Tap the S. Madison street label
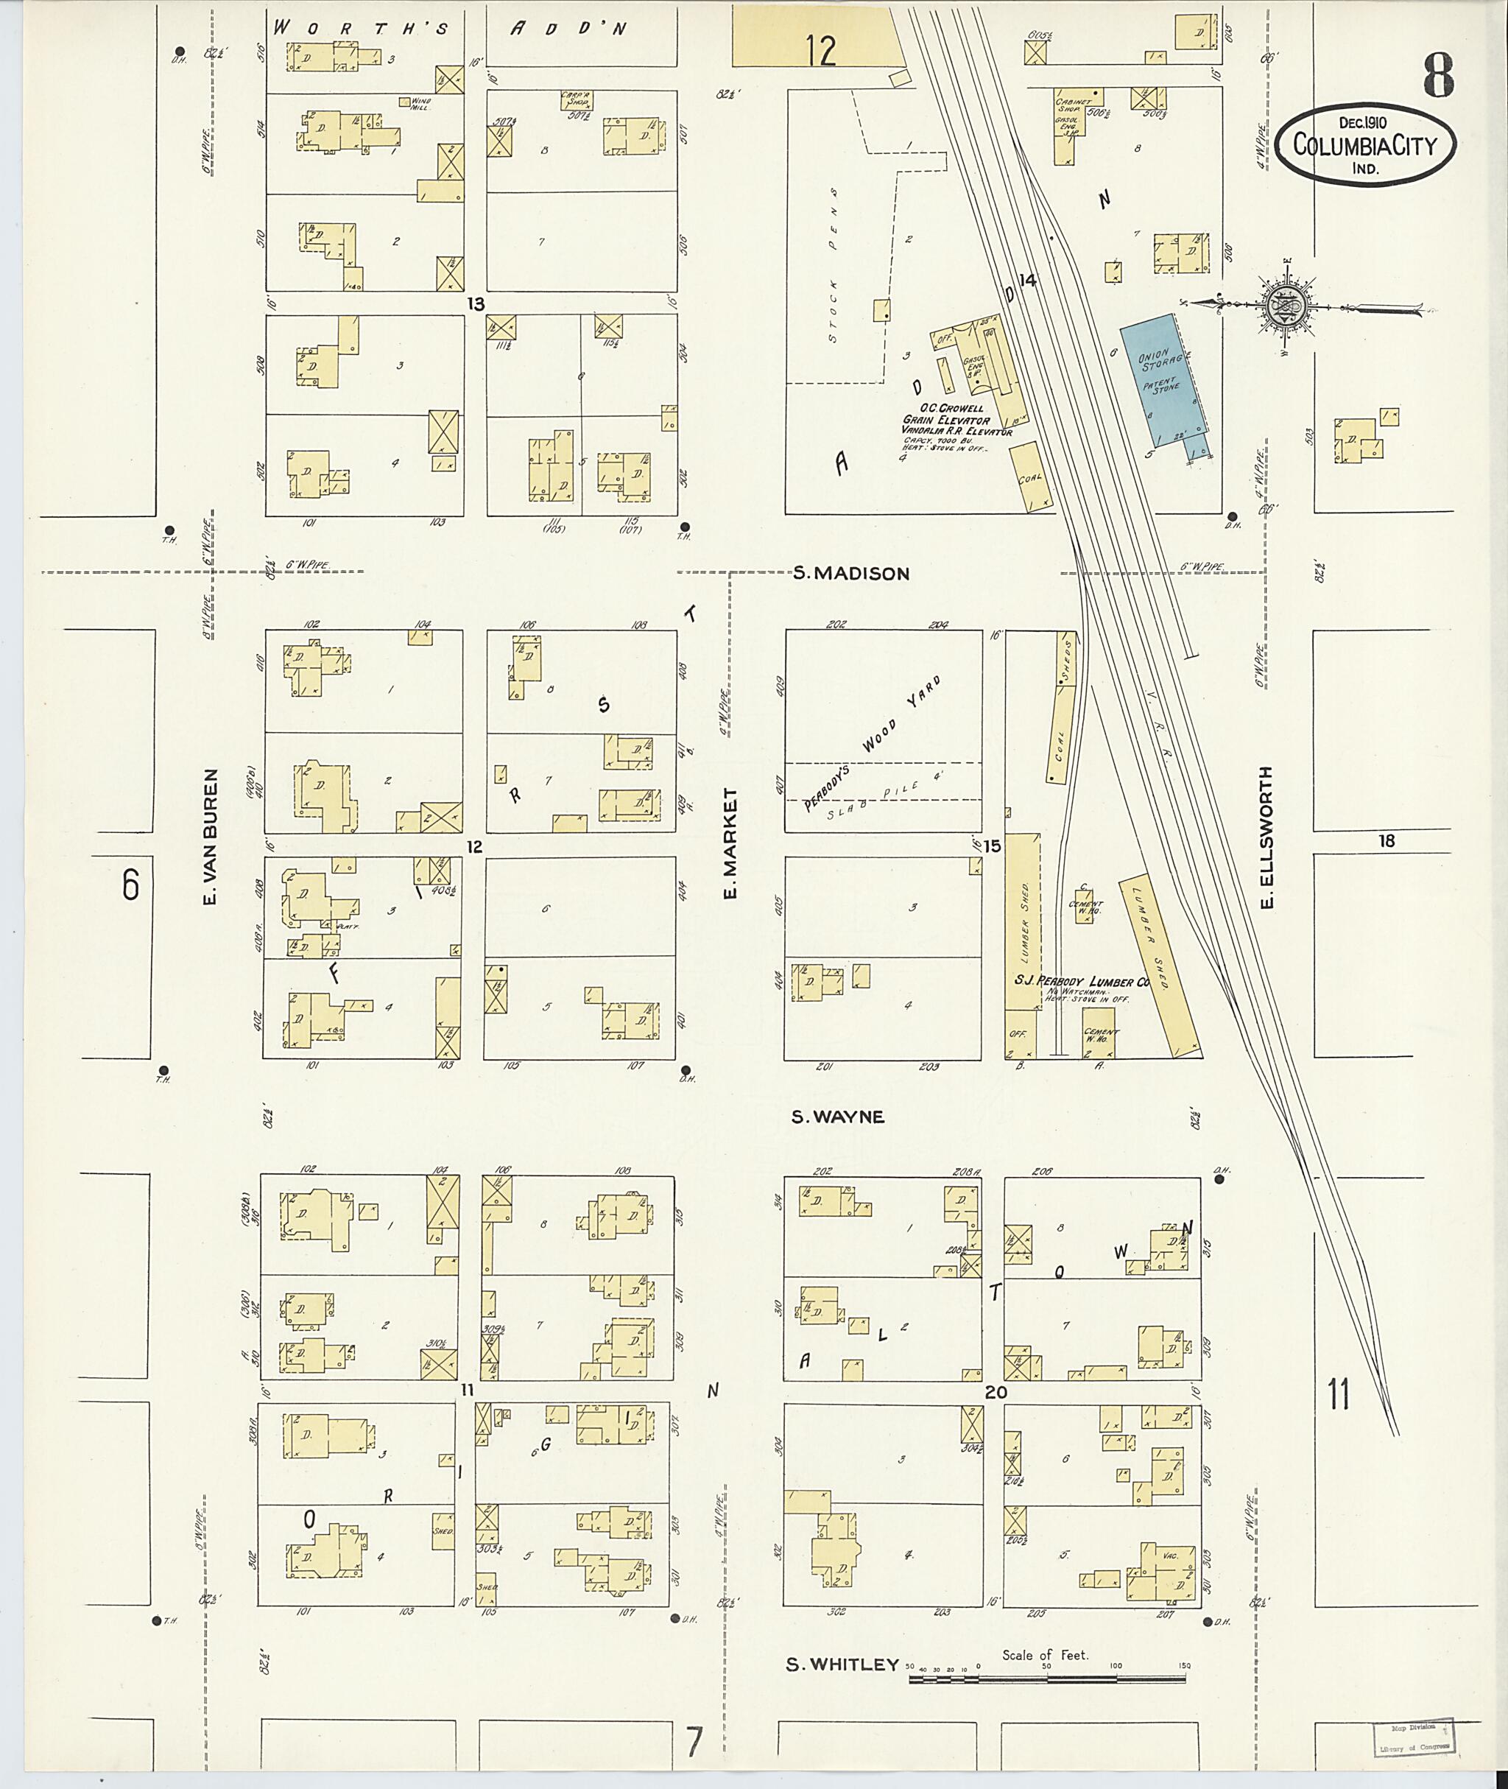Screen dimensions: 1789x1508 point(850,574)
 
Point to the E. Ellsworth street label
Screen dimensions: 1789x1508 point(1268,837)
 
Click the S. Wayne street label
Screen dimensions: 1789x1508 point(837,1116)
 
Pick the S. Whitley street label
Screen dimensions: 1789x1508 point(842,1664)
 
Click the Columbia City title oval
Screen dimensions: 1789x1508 point(1366,144)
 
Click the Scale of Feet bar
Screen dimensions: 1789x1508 point(1048,1679)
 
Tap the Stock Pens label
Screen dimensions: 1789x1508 point(834,266)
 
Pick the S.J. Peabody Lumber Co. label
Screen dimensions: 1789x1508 point(1082,981)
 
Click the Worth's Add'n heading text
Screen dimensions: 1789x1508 point(451,28)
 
